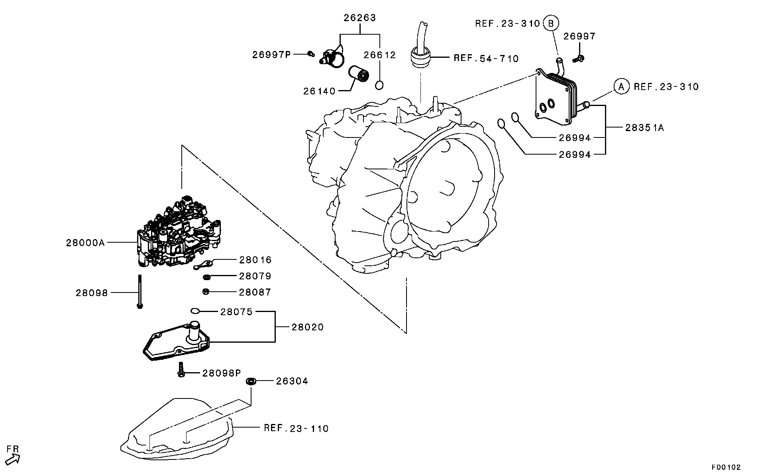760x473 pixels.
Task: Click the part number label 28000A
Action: point(85,243)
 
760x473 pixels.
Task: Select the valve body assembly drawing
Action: point(177,235)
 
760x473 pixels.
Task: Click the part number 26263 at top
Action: point(360,18)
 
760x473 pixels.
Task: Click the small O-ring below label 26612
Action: point(379,85)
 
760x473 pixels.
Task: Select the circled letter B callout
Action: point(551,24)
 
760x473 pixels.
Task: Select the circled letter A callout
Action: point(621,86)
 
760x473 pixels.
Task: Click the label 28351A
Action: point(644,128)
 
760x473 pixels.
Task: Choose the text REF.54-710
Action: point(486,59)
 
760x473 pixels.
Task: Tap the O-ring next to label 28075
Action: point(195,311)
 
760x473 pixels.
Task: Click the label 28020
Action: point(307,327)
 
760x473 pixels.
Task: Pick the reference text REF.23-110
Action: point(296,428)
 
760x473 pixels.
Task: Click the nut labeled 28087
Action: point(206,292)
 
